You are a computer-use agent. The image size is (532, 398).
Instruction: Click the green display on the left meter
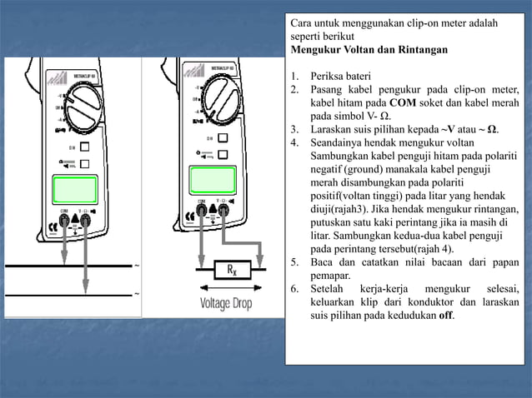pyautogui.click(x=74, y=188)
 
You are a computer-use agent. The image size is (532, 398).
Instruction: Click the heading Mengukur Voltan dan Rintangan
pyautogui.click(x=369, y=50)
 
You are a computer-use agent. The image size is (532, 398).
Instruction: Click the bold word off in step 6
pyautogui.click(x=446, y=316)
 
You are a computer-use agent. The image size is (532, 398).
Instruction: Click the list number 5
pyautogui.click(x=295, y=262)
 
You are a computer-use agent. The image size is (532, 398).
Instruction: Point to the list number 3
pyautogui.click(x=295, y=129)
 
